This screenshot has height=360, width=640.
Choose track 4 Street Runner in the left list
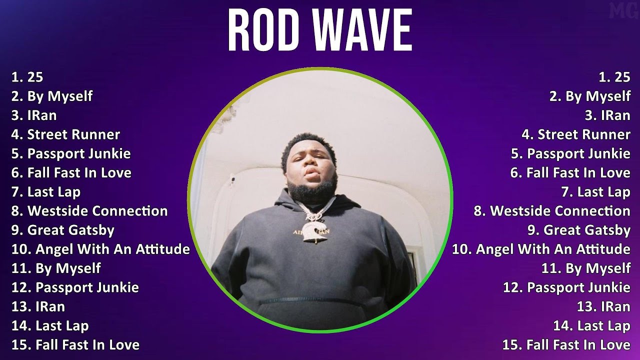click(66, 134)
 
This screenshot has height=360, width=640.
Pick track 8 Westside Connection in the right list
click(552, 211)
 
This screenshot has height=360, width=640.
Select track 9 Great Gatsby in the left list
click(63, 230)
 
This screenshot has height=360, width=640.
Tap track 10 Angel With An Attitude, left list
click(100, 249)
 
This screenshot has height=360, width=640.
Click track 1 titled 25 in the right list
click(614, 77)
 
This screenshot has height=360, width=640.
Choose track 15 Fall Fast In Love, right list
click(566, 344)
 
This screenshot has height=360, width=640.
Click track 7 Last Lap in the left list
click(46, 192)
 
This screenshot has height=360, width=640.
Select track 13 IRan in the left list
click(38, 306)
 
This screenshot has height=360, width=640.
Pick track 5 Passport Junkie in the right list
click(570, 153)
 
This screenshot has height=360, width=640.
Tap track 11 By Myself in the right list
click(585, 268)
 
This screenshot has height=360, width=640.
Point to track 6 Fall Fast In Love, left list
click(71, 173)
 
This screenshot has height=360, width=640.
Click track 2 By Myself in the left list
click(52, 96)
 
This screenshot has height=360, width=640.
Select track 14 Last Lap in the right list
click(591, 326)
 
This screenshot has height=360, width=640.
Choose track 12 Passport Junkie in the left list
click(75, 287)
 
